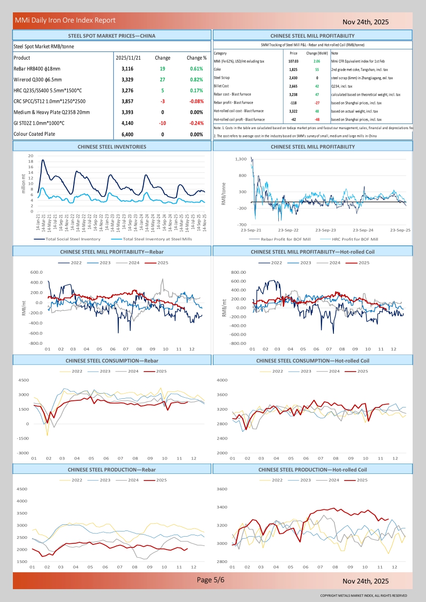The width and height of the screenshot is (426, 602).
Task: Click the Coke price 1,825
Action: [293, 69]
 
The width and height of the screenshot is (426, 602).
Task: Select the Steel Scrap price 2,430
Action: [293, 78]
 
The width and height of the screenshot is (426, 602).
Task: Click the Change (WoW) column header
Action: [317, 53]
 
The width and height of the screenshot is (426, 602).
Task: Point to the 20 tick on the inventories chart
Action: [31, 155]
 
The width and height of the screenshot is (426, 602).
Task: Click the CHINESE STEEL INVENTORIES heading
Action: [112, 147]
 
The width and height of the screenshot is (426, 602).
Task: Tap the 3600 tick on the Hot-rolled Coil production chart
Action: [222, 489]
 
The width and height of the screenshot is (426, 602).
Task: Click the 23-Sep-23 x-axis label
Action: [326, 230]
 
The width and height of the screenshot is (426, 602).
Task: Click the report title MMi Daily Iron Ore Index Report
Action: [65, 21]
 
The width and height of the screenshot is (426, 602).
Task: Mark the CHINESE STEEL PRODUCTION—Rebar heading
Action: [112, 470]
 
